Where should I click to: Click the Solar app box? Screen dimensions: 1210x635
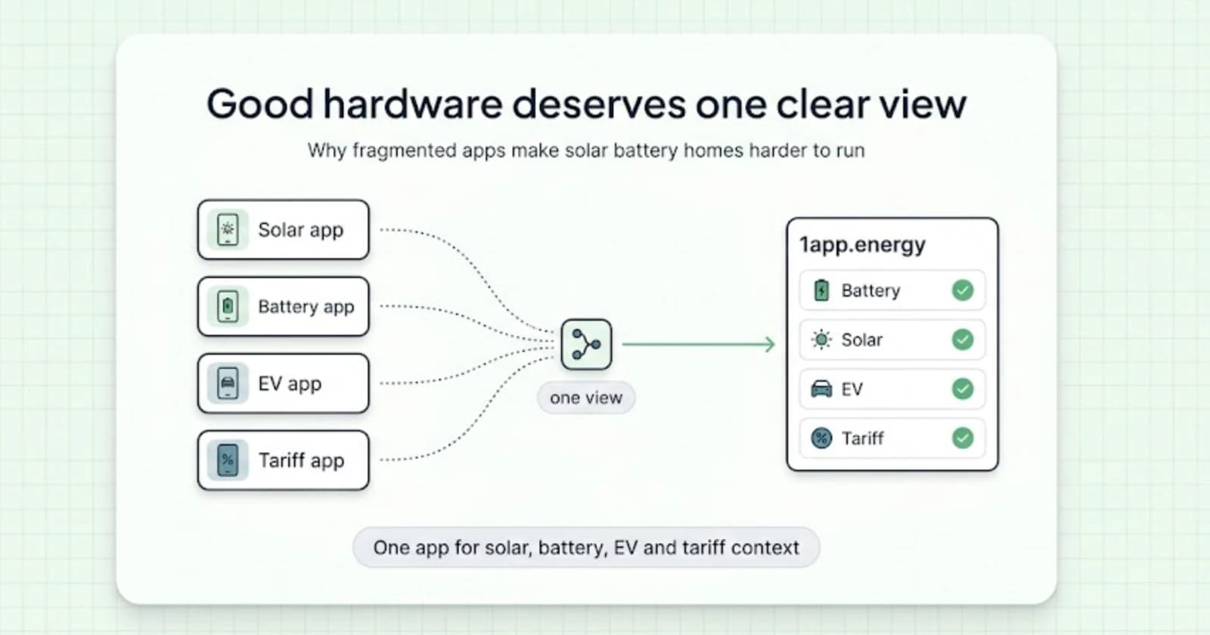click(x=284, y=230)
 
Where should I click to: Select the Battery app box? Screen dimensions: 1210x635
click(x=284, y=306)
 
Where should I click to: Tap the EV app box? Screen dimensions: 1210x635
click(x=284, y=383)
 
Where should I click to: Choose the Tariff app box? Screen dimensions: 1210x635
click(x=284, y=460)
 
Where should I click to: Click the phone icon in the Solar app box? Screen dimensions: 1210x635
click(x=228, y=230)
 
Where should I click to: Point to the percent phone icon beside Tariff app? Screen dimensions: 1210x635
click(x=228, y=460)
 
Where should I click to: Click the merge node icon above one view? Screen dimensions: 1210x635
click(x=586, y=345)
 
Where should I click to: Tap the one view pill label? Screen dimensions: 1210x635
click(x=586, y=398)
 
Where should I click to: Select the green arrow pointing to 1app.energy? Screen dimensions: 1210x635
click(x=699, y=344)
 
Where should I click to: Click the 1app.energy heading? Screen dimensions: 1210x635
click(x=862, y=245)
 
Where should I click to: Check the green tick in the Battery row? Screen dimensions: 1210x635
click(x=963, y=290)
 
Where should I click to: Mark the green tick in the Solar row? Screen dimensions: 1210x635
click(x=963, y=339)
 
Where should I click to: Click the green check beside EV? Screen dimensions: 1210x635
click(x=963, y=389)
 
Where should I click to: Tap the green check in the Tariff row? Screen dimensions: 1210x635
click(x=963, y=438)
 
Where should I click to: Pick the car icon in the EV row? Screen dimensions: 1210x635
click(x=821, y=389)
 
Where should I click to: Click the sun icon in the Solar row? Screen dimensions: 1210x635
click(x=821, y=339)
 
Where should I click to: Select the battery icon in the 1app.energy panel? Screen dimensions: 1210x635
click(x=821, y=290)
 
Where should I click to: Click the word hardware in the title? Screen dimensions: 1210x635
click(x=413, y=104)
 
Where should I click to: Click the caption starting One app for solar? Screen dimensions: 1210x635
click(x=586, y=547)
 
